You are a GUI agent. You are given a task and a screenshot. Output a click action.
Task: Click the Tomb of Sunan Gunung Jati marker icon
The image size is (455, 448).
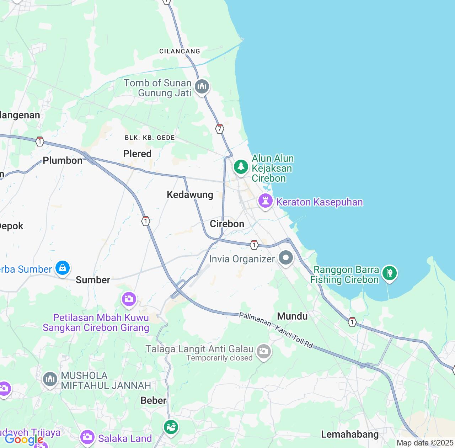pyautogui.click(x=202, y=86)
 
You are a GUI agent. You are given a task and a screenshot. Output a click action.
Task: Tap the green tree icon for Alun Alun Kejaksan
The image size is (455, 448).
pyautogui.click(x=241, y=166)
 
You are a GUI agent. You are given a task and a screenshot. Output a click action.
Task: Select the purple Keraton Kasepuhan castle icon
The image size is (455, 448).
pyautogui.click(x=265, y=201)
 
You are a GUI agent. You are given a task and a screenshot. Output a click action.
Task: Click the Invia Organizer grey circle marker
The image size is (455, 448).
pyautogui.click(x=286, y=258)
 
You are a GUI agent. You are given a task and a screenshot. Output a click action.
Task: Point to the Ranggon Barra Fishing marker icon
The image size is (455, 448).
pyautogui.click(x=390, y=273)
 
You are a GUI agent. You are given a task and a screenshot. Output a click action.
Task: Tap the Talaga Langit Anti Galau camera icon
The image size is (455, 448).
pyautogui.click(x=263, y=351)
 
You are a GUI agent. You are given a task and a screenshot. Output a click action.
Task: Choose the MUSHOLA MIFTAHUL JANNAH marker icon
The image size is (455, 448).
pyautogui.click(x=50, y=379)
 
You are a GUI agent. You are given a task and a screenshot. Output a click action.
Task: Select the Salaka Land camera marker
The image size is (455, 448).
pyautogui.click(x=87, y=437)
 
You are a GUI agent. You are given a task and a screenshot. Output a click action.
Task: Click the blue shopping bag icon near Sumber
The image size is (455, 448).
pyautogui.click(x=63, y=268)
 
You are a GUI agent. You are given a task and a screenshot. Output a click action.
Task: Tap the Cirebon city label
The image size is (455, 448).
pyautogui.click(x=227, y=224)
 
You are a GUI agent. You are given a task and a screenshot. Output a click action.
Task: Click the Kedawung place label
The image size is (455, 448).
pyautogui.click(x=190, y=194)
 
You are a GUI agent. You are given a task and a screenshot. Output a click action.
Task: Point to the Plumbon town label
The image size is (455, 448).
pyautogui.click(x=63, y=160)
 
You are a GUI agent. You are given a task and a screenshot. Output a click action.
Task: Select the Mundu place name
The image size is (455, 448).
pyautogui.click(x=292, y=316)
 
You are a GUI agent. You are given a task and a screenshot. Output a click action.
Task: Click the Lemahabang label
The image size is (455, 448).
pyautogui.click(x=350, y=434)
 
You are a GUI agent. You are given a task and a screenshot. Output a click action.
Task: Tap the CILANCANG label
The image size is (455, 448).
pyautogui.click(x=180, y=51)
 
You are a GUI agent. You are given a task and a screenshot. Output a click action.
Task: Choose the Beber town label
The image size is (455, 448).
pyautogui.click(x=153, y=400)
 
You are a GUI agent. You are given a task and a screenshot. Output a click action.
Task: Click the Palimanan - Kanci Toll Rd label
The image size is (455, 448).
pyautogui.click(x=276, y=330)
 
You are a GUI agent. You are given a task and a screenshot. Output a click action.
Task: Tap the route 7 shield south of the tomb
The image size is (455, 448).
pyautogui.click(x=220, y=129)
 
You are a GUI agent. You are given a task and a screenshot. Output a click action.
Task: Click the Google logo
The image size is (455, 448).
pyautogui.click(x=23, y=440)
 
